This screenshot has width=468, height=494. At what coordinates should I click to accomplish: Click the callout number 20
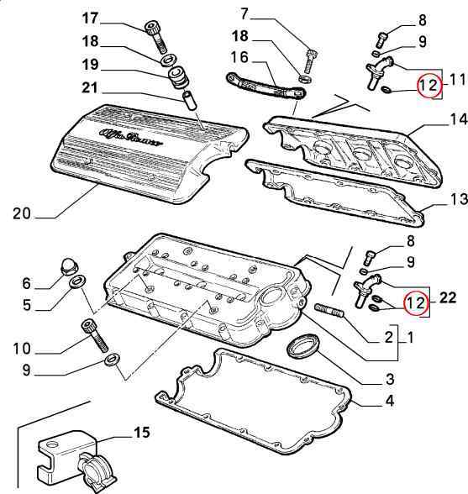(22, 214)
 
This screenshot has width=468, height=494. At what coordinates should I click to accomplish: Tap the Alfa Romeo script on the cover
(132, 137)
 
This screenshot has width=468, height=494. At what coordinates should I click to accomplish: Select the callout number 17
(91, 18)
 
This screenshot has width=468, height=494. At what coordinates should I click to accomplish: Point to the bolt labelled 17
(155, 37)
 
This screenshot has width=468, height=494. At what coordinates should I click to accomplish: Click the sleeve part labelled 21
(190, 100)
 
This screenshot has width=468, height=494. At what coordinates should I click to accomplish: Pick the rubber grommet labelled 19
(178, 77)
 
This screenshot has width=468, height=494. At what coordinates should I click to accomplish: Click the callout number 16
(239, 58)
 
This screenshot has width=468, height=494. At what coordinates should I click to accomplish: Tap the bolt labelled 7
(310, 61)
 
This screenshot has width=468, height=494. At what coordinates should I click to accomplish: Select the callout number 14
(459, 119)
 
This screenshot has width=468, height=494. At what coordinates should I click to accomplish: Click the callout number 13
(459, 199)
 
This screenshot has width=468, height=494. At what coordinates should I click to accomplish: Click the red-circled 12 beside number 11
(428, 86)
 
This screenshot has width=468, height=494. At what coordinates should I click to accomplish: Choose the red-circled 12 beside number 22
(416, 302)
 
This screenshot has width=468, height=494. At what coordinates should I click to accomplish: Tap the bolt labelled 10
(95, 335)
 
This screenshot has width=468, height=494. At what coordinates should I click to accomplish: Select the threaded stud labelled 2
(329, 309)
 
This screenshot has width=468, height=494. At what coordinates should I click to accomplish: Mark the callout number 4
(390, 401)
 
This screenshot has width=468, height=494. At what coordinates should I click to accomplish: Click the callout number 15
(142, 433)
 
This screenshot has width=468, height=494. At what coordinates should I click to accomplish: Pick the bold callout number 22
(447, 297)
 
